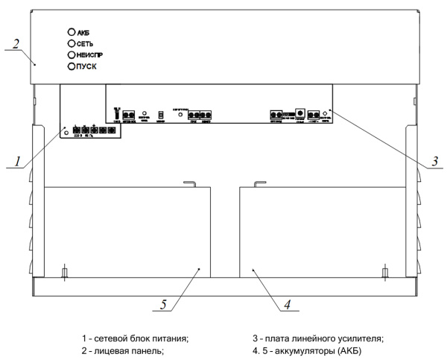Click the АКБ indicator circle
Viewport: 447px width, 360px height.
72,34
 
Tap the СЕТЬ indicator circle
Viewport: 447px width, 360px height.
72,44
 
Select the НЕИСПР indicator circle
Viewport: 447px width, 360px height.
72,55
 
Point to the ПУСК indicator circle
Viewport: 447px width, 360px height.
72,66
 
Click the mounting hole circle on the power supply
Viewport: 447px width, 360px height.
67,132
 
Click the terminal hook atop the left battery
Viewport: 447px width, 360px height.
189,183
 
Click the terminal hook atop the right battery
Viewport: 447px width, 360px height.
259,183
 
